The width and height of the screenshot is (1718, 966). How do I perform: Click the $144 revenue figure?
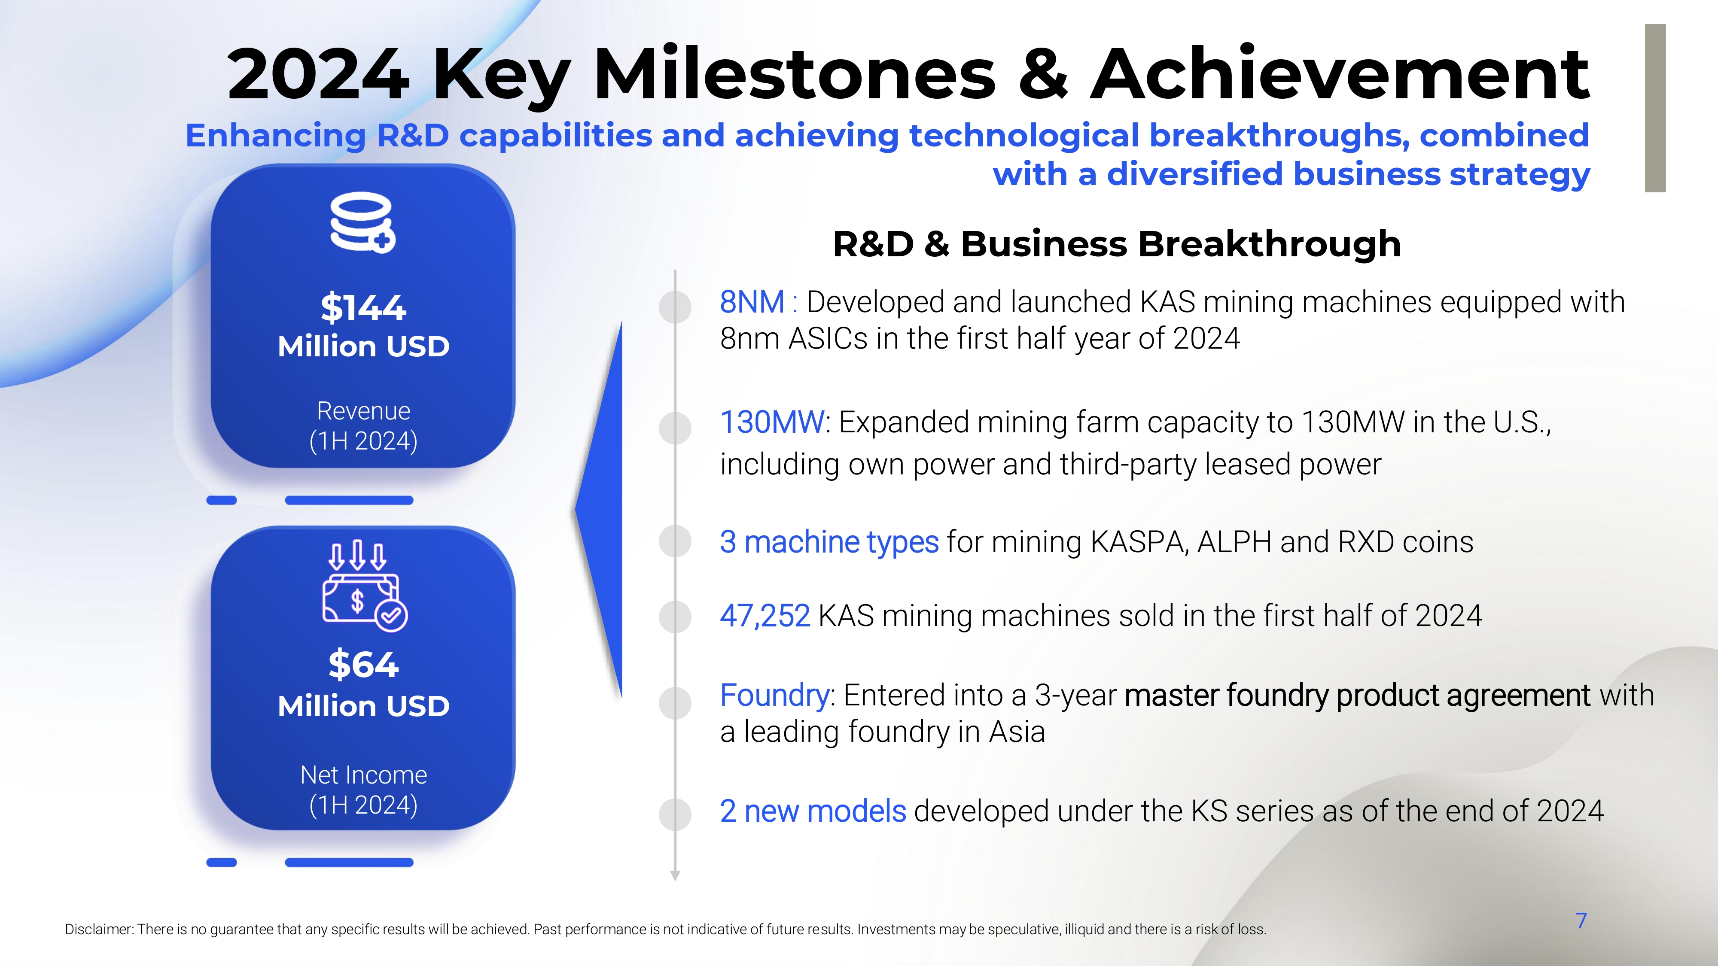pos(363,308)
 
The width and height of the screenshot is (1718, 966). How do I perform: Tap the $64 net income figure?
pos(363,665)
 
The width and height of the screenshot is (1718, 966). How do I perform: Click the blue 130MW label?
pos(772,422)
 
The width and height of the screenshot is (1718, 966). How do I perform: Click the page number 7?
pos(1581,920)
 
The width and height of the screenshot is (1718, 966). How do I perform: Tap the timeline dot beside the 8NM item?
pos(675,307)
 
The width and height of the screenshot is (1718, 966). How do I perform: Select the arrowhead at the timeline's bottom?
pos(675,876)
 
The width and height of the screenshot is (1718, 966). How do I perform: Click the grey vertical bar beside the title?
pos(1655,108)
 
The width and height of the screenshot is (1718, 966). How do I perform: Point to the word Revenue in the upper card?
pos(363,411)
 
